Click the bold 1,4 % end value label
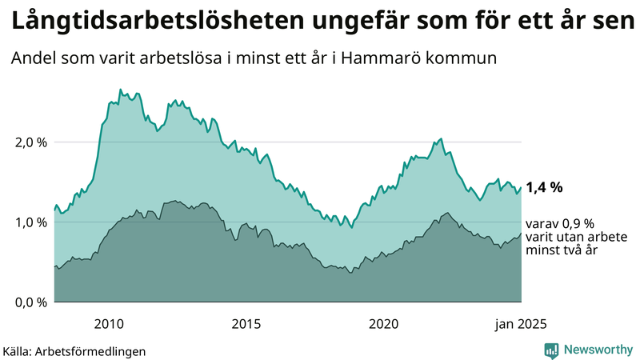pos(544,188)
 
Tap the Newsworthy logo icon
pos(551,350)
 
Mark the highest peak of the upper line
pos(120,90)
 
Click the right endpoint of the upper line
pos(521,188)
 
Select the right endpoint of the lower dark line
pos(521,234)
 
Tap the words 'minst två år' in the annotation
pos(561,250)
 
